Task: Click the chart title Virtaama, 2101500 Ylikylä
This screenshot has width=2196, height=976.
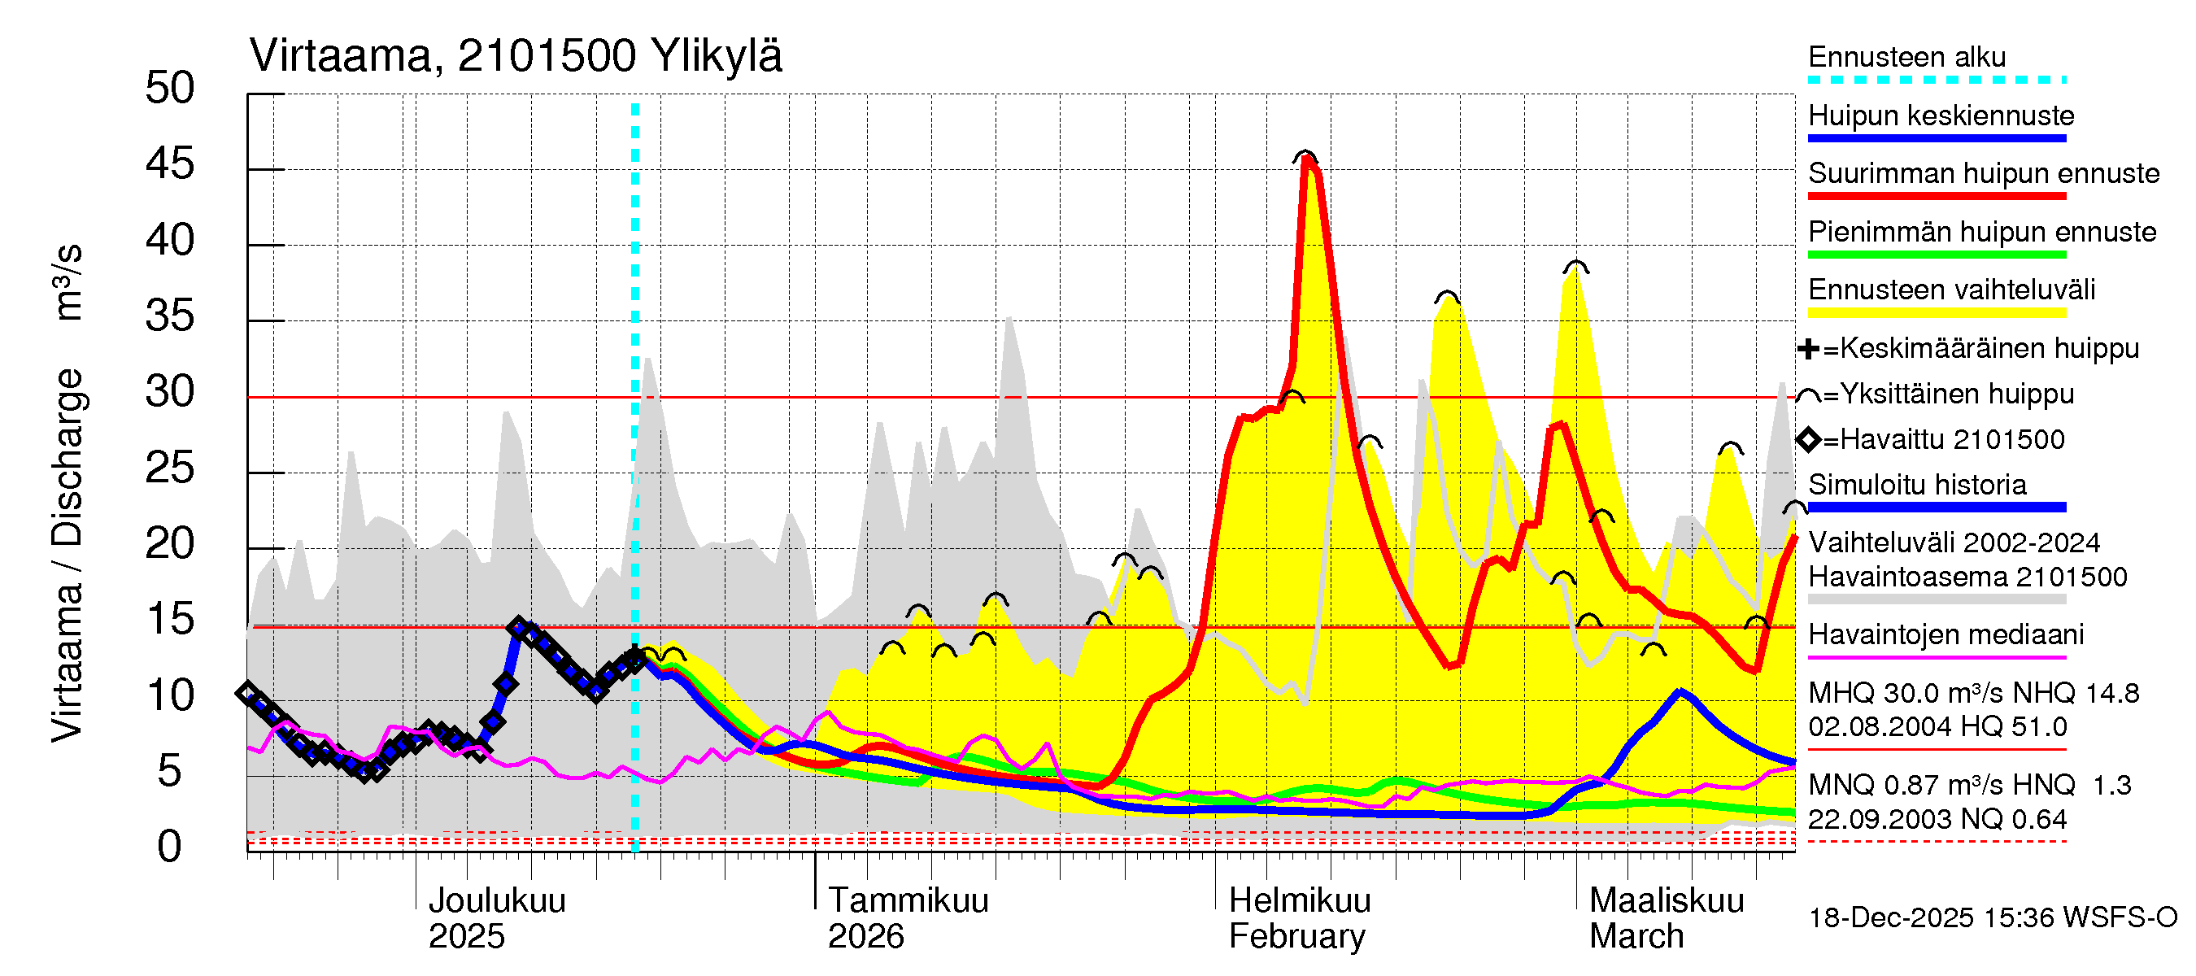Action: (515, 56)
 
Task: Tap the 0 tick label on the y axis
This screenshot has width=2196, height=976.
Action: (170, 847)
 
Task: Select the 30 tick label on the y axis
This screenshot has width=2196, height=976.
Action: (170, 392)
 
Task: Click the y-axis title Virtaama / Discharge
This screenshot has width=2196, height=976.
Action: (68, 554)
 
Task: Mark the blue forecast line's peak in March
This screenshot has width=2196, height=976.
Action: (1680, 691)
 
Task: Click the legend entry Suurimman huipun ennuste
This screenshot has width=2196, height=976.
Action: (1983, 174)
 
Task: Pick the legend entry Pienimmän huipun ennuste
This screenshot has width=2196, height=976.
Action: (1981, 232)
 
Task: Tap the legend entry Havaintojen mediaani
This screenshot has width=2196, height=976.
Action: (1945, 635)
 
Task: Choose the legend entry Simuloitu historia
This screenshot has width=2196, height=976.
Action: (1916, 485)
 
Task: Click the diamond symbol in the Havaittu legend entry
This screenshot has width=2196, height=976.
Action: (1808, 440)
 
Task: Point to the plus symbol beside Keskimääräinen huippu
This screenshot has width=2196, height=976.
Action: (1807, 349)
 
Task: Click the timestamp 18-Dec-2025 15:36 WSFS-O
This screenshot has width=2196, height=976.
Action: (1992, 918)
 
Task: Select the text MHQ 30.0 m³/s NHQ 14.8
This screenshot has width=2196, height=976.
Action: (1972, 693)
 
